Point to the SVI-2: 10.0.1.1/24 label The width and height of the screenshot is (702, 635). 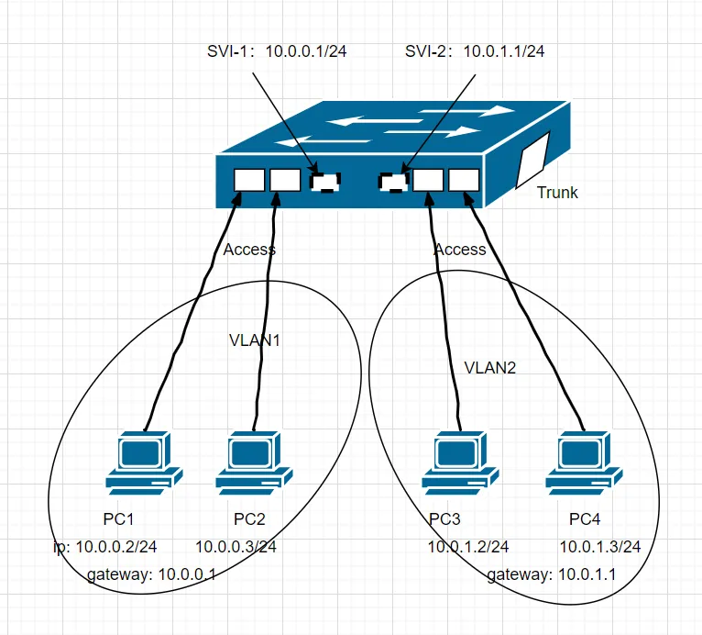[475, 51]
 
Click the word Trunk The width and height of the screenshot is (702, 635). [557, 193]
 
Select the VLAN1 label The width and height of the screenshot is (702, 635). [254, 340]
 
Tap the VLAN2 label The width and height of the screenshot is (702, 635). [492, 369]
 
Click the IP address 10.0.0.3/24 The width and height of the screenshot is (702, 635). [236, 547]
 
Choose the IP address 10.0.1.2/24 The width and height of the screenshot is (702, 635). [467, 547]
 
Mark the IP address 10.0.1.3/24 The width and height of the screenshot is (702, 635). [599, 547]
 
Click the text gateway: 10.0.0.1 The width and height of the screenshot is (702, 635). [151, 575]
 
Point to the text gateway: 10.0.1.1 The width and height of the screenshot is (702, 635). [552, 575]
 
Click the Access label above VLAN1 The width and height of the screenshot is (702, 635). [249, 249]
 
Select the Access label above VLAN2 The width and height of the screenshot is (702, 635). [460, 249]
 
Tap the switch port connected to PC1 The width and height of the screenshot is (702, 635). [247, 180]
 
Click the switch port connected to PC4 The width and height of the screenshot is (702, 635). [465, 180]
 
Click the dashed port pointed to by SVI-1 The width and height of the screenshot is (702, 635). [324, 182]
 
